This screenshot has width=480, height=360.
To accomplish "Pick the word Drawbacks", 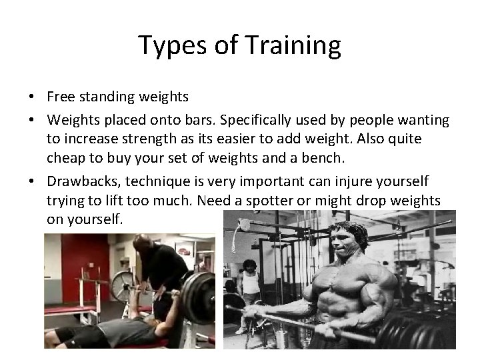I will tap(79, 182).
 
